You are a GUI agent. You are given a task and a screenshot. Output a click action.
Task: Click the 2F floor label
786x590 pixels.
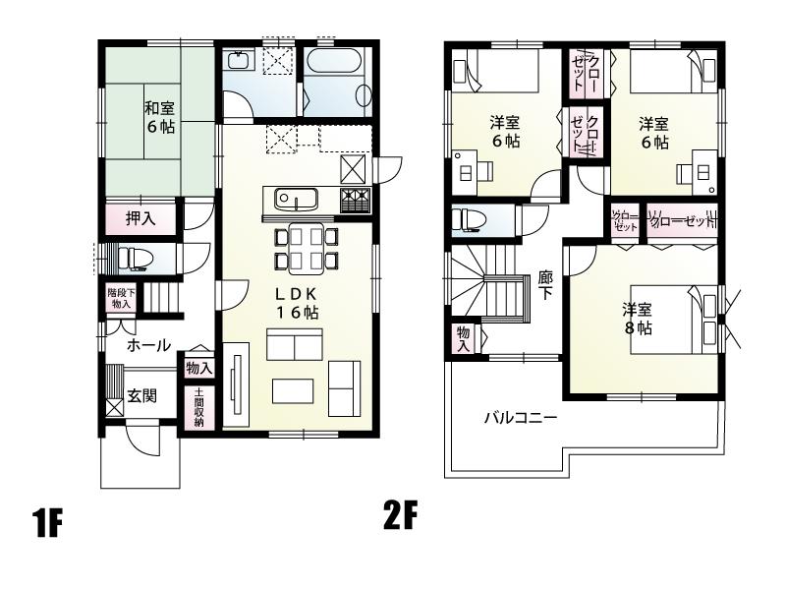[x=399, y=515]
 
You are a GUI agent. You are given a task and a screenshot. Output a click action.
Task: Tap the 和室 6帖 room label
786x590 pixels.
[x=160, y=117]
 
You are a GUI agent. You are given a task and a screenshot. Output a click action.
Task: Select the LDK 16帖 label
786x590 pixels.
[x=296, y=302]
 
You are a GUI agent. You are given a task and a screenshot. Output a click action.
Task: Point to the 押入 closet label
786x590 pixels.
[x=140, y=218]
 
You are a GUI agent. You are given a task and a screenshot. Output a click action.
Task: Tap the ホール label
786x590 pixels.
[x=149, y=346]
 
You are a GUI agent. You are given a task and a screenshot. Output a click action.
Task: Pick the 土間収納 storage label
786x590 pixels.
[x=198, y=407]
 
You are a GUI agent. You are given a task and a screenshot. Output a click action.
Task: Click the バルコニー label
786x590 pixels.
[x=520, y=418]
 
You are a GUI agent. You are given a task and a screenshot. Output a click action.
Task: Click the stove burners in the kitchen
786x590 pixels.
[x=354, y=202]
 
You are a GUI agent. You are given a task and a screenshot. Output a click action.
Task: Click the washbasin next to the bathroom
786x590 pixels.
[x=238, y=61]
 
